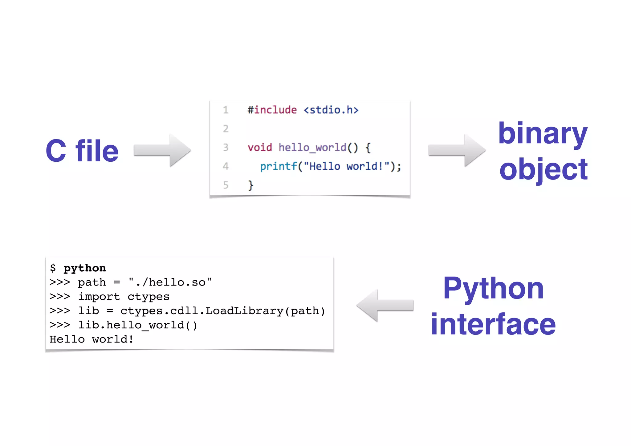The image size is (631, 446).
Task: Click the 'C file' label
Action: pyautogui.click(x=82, y=151)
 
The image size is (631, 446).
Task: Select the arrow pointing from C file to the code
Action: pyautogui.click(x=162, y=150)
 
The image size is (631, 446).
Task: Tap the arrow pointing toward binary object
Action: pyautogui.click(x=457, y=150)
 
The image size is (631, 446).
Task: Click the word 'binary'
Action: pyautogui.click(x=543, y=133)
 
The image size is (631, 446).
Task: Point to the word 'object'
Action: pyautogui.click(x=543, y=169)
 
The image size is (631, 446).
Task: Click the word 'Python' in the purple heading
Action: pyautogui.click(x=493, y=289)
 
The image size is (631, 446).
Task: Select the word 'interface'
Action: pyautogui.click(x=493, y=324)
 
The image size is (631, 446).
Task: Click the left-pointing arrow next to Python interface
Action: pyautogui.click(x=385, y=305)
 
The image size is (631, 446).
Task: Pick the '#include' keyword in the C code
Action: pyautogui.click(x=272, y=110)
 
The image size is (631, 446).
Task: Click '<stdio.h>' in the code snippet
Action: pyautogui.click(x=331, y=110)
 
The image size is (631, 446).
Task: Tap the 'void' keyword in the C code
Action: pyautogui.click(x=260, y=148)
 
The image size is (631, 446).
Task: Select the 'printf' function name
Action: pyautogui.click(x=279, y=166)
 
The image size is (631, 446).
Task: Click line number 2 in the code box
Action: pyautogui.click(x=226, y=129)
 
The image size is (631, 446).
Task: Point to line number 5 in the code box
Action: pyautogui.click(x=226, y=185)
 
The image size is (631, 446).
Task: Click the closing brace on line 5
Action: pyautogui.click(x=251, y=185)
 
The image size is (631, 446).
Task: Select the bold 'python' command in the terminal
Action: pyautogui.click(x=85, y=268)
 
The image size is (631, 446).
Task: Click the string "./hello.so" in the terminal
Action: pyautogui.click(x=170, y=282)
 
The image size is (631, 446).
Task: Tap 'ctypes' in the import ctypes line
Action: pyautogui.click(x=149, y=297)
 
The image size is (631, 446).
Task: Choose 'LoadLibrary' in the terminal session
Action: pyautogui.click(x=244, y=311)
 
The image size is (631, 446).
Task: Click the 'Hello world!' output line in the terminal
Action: pyautogui.click(x=92, y=339)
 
